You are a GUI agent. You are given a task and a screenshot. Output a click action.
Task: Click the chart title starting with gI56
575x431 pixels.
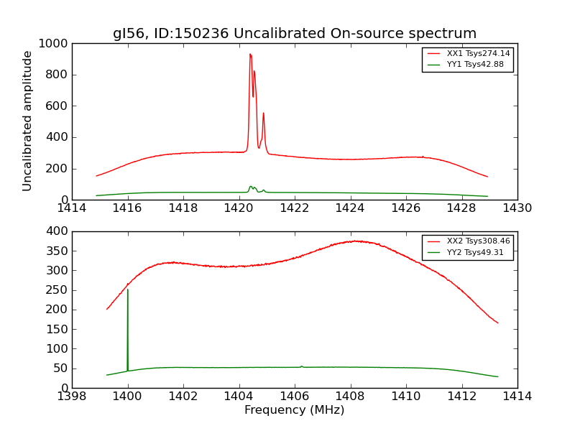[295, 34]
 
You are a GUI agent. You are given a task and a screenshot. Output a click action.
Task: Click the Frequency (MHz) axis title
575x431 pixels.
[295, 410]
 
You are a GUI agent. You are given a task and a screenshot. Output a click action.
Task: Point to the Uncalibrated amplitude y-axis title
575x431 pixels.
[27, 121]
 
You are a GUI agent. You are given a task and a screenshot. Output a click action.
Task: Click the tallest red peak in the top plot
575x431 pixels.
[250, 54]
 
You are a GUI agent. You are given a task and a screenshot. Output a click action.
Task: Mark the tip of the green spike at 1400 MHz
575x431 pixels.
[128, 289]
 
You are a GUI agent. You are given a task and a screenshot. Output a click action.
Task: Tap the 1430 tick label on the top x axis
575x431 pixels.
[517, 208]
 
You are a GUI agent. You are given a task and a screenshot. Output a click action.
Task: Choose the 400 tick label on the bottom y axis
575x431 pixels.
[59, 231]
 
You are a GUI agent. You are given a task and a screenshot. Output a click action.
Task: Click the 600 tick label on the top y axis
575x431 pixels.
[59, 106]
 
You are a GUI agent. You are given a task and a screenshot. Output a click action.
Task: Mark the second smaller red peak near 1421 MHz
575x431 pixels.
[263, 113]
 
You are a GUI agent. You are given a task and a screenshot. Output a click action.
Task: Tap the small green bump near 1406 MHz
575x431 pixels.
[301, 366]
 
